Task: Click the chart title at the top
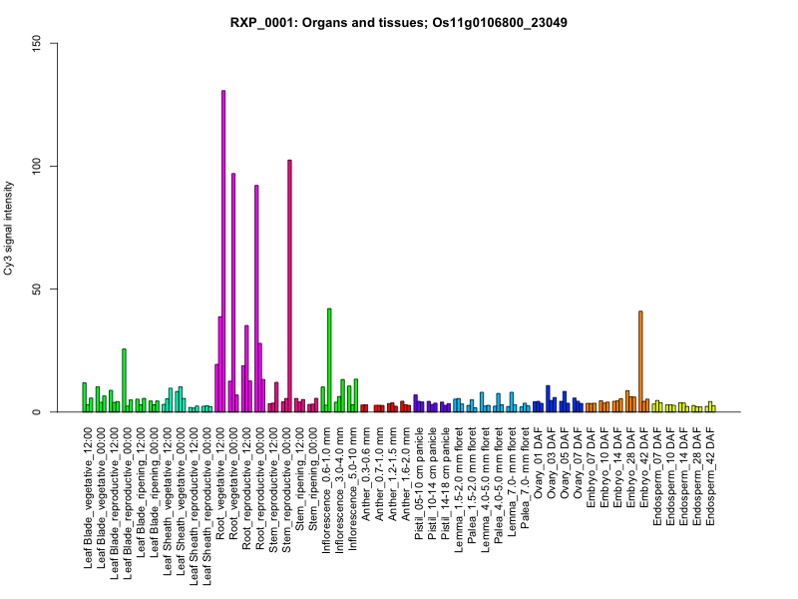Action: pos(399,22)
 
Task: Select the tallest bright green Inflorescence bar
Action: pos(329,360)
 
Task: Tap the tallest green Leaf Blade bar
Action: pos(124,380)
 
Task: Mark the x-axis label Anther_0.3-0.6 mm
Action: pos(366,474)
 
